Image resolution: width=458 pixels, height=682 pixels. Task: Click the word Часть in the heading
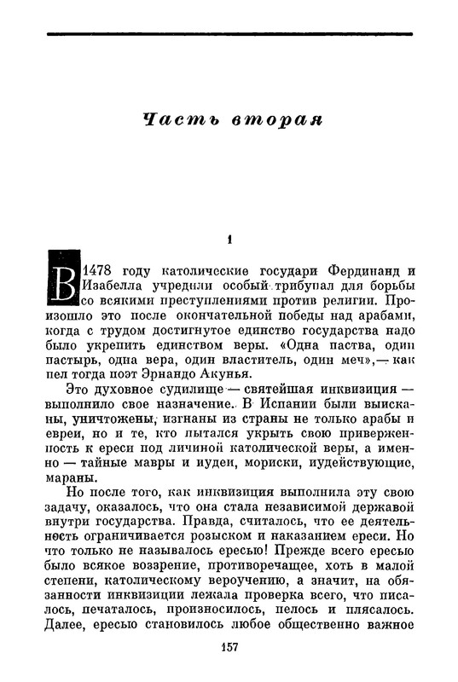(x=174, y=118)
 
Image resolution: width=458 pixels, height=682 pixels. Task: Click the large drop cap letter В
(x=60, y=278)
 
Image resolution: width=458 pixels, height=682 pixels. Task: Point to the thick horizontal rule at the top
(x=229, y=33)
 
